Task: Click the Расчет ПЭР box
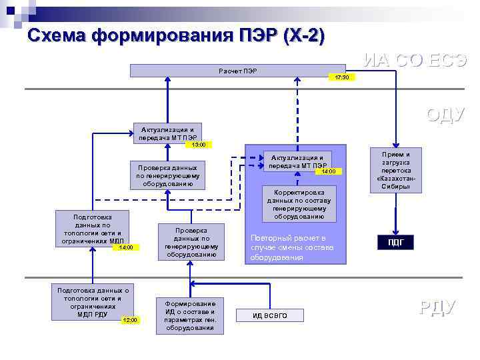click(237, 71)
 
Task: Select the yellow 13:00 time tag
click(198, 144)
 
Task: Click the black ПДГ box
click(396, 243)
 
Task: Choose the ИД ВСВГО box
click(270, 315)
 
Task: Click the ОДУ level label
click(445, 114)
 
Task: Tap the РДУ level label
click(437, 307)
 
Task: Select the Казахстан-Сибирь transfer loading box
click(396, 170)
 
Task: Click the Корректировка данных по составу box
click(299, 203)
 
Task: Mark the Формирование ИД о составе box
click(190, 315)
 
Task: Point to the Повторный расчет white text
click(288, 247)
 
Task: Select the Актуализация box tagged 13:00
click(167, 134)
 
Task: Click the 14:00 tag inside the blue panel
click(329, 171)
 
